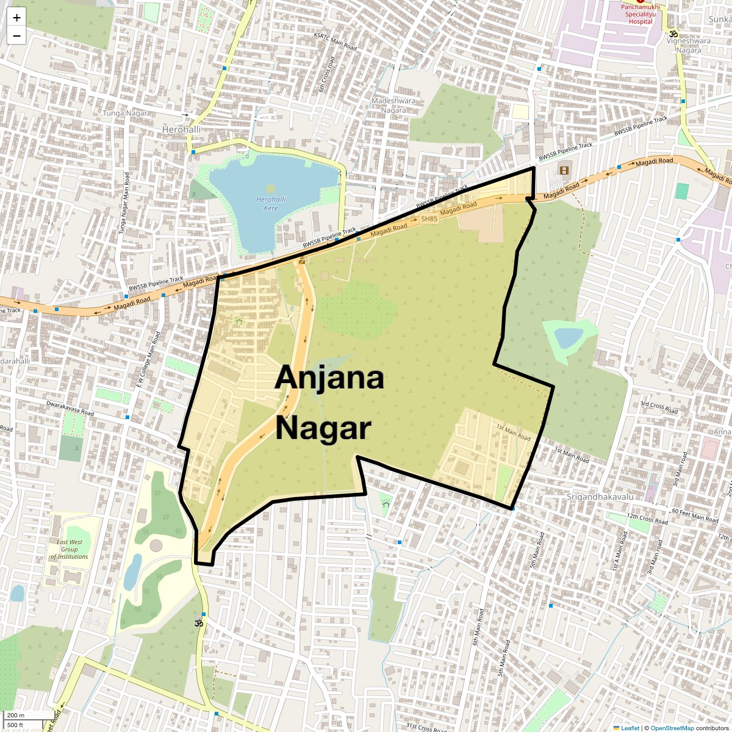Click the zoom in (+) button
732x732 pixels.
coord(16,18)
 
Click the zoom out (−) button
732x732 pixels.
coord(16,36)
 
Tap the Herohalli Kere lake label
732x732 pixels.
coord(271,204)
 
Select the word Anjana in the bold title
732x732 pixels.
coord(329,378)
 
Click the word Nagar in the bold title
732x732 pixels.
coord(323,428)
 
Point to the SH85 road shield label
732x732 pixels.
coord(429,219)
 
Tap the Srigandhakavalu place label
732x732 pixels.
coord(600,497)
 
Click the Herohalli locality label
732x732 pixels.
coord(181,130)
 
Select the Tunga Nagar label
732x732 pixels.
coord(125,113)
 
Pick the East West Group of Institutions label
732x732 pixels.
coord(70,549)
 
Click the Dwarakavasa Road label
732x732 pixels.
coord(70,408)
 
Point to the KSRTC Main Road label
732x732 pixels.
coord(335,41)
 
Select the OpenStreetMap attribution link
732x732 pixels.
coord(672,728)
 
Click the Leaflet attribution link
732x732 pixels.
coord(630,728)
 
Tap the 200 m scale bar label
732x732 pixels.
coord(16,716)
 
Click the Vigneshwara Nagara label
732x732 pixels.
coord(689,46)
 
